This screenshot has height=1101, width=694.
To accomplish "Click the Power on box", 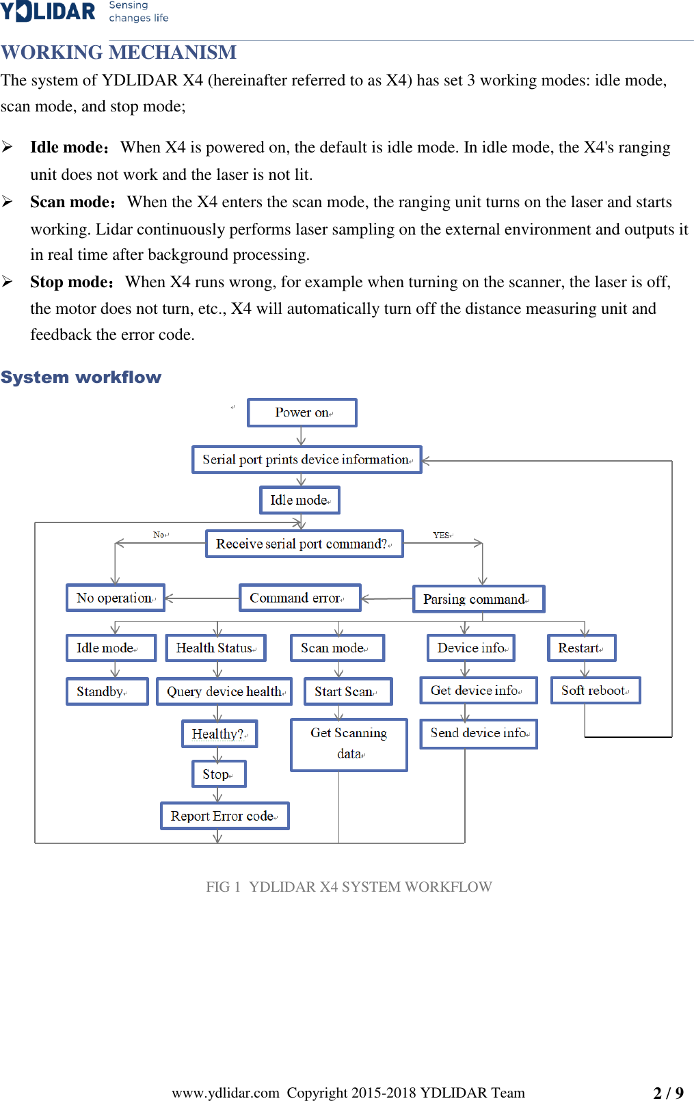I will coord(302,413).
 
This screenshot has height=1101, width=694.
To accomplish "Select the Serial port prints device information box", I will coord(307,460).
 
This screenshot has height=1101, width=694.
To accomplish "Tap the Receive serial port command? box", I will coord(304,544).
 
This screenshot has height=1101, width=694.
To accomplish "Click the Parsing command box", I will coord(479,599).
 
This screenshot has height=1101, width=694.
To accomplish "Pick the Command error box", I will coord(299,598).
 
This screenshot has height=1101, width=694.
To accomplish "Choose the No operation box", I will coord(116,598).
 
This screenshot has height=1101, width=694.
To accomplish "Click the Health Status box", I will coord(215,648).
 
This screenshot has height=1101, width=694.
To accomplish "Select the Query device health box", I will coord(224,691).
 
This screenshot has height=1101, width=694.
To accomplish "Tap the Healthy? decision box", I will coord(219,734).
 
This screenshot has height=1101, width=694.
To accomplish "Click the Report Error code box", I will coord(224,816).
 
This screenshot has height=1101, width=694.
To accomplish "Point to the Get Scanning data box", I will coord(349,744).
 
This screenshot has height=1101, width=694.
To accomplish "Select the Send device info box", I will coord(479,733).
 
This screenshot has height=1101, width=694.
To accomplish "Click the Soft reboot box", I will coord(595,691).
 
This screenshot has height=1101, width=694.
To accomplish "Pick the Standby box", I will coord(107,691).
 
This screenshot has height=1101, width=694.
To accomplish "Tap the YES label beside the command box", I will coord(442,535).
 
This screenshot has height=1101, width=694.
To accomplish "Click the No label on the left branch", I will coord(160,535).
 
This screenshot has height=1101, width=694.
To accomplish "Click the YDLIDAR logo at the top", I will coord(48,12).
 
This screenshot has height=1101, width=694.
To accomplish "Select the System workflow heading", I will coord(81,377).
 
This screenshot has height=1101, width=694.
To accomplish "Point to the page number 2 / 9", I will coord(668,1093).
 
